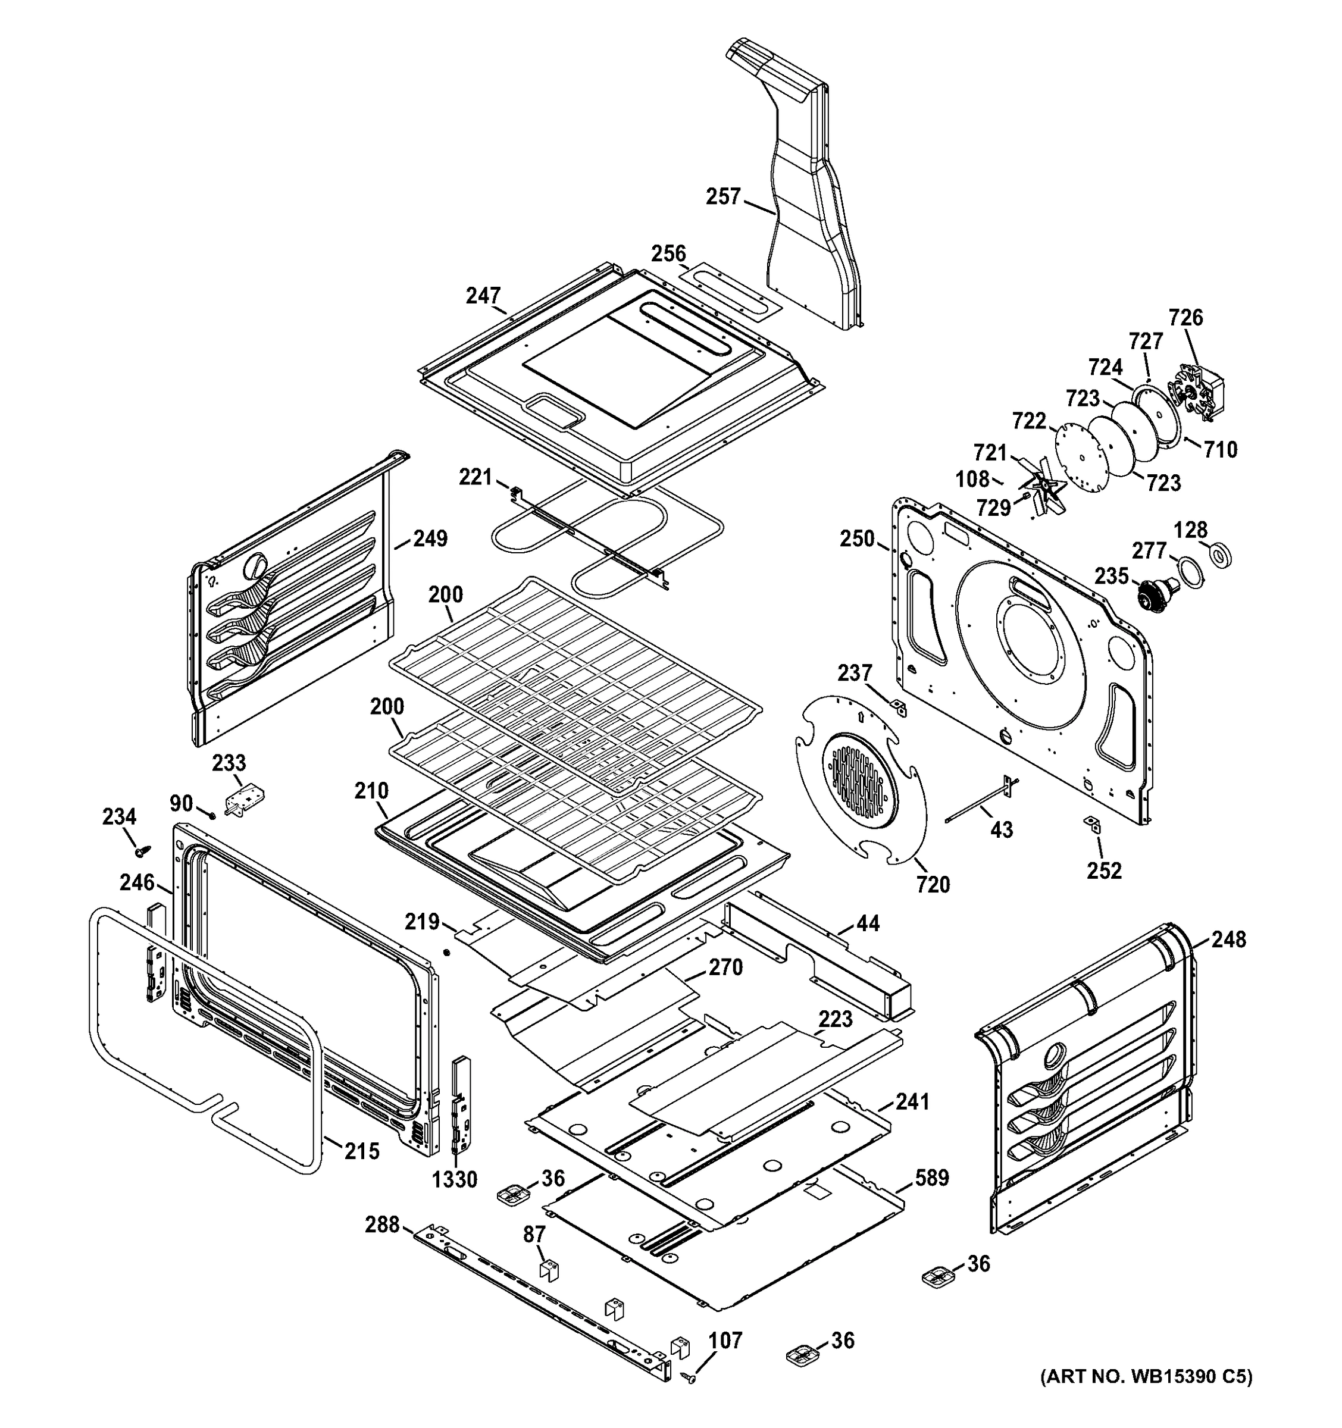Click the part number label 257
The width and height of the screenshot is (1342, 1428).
[x=722, y=196]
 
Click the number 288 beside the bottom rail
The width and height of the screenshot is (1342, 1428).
[x=381, y=1224]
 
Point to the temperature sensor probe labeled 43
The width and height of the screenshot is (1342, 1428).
[x=977, y=806]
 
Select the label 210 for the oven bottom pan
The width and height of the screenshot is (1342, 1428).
[x=371, y=791]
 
